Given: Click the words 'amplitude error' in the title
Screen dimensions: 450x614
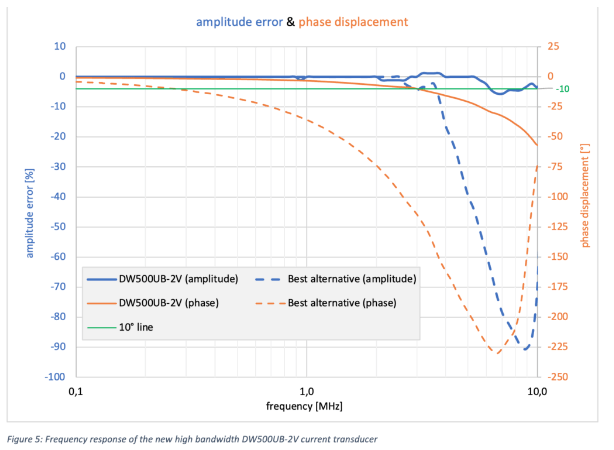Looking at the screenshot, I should pyautogui.click(x=240, y=21).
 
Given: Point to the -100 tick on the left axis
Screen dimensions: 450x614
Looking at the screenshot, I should pyautogui.click(x=54, y=378).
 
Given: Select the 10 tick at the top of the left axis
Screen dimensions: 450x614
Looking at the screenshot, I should pyautogui.click(x=59, y=46).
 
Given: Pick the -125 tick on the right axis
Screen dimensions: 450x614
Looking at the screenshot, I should pyautogui.click(x=556, y=227).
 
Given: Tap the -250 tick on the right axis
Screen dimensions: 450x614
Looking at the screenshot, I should pyautogui.click(x=556, y=378).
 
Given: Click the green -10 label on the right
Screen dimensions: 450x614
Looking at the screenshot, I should pyautogui.click(x=562, y=89).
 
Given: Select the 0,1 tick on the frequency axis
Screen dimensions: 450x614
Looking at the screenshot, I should pyautogui.click(x=75, y=391).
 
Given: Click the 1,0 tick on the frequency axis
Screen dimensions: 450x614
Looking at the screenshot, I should pyautogui.click(x=306, y=391).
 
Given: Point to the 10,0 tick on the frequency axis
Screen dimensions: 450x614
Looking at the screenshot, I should pyautogui.click(x=537, y=391).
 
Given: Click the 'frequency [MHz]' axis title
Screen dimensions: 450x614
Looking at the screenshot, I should pyautogui.click(x=306, y=407).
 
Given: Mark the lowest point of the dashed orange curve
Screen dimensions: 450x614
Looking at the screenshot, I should pyautogui.click(x=495, y=352).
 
